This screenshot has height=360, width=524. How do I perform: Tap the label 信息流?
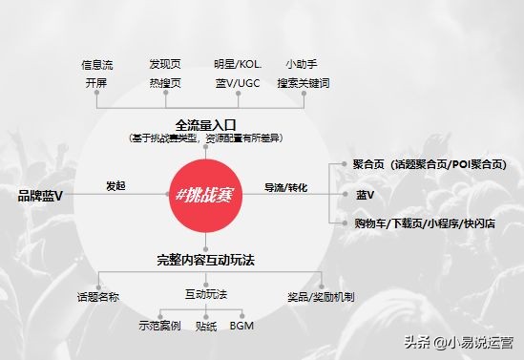click(97, 65)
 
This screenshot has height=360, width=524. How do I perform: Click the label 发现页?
click(165, 65)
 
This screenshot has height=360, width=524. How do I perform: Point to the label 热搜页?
click(165, 83)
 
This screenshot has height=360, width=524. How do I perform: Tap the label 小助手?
click(303, 65)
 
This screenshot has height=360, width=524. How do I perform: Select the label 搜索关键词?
click(303, 83)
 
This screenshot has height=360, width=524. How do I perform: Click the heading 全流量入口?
click(204, 125)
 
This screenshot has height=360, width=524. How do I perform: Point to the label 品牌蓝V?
click(40, 196)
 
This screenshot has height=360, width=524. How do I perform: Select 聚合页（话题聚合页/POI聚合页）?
click(429, 164)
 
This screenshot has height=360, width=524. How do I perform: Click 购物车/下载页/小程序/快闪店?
click(422, 223)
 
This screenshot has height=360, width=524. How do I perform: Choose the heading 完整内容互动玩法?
click(205, 260)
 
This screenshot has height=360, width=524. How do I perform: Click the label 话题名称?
click(97, 297)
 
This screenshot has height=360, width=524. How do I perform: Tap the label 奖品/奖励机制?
click(321, 297)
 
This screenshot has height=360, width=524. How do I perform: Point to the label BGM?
click(241, 326)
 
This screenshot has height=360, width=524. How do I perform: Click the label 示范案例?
click(159, 326)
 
